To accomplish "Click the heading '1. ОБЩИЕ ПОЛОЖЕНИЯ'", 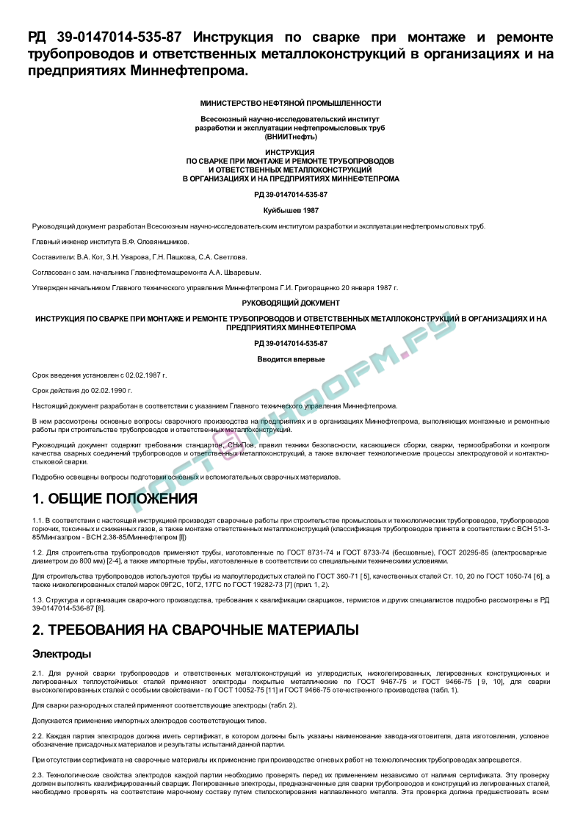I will coord(115,499).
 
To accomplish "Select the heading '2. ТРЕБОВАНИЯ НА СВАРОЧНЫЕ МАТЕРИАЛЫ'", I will coord(195,630).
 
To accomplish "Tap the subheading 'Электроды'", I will coord(62,654).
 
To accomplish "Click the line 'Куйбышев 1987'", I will coord(291,210).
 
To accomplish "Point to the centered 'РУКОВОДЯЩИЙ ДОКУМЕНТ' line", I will coord(291,303).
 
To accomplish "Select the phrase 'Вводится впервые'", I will coord(291,359).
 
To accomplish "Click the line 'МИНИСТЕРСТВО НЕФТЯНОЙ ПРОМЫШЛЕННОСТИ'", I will coord(291,104).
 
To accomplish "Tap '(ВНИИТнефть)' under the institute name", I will coord(291,137).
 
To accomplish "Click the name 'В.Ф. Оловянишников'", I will coord(156,242).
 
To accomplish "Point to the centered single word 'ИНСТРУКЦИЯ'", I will coord(291,152).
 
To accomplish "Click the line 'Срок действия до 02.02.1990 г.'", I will coord(88,390).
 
